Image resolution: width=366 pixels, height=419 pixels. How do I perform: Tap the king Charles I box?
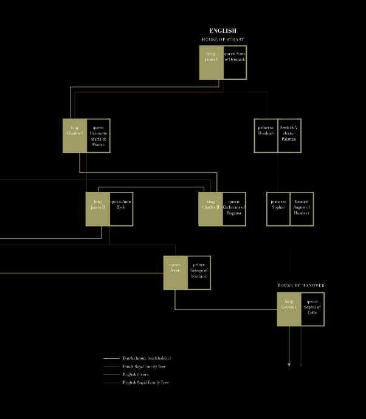pos(74,135)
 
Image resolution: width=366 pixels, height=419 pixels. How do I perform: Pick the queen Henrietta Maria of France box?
pos(98,135)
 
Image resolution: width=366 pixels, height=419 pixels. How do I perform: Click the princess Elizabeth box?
pos(266,135)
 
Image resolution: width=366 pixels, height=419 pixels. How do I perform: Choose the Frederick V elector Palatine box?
pos(289,135)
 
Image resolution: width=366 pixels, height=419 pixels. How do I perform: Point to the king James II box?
pos(97,209)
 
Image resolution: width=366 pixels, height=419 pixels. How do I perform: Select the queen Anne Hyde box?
pos(121,209)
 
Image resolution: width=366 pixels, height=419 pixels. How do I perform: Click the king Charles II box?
pos(210,209)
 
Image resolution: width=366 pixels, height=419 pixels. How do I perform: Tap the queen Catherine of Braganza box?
pos(234,209)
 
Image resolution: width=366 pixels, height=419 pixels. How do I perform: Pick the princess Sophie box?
pos(278,209)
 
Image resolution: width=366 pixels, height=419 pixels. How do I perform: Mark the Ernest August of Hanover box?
pos(302,209)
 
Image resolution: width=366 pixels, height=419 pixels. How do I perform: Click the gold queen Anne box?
pos(175,272)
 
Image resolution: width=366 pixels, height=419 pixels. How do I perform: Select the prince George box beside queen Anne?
pos(199,272)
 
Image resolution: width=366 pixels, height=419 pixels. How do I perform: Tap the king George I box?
pos(289,309)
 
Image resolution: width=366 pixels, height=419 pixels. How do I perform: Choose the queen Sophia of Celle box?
pos(312,309)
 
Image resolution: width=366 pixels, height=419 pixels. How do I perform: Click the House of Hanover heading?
pos(301,285)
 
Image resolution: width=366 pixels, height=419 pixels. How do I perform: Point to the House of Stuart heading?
pos(223,40)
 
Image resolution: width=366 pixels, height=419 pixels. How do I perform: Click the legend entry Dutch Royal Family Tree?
pos(143,367)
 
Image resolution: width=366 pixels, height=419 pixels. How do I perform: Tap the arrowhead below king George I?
pos(289,365)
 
